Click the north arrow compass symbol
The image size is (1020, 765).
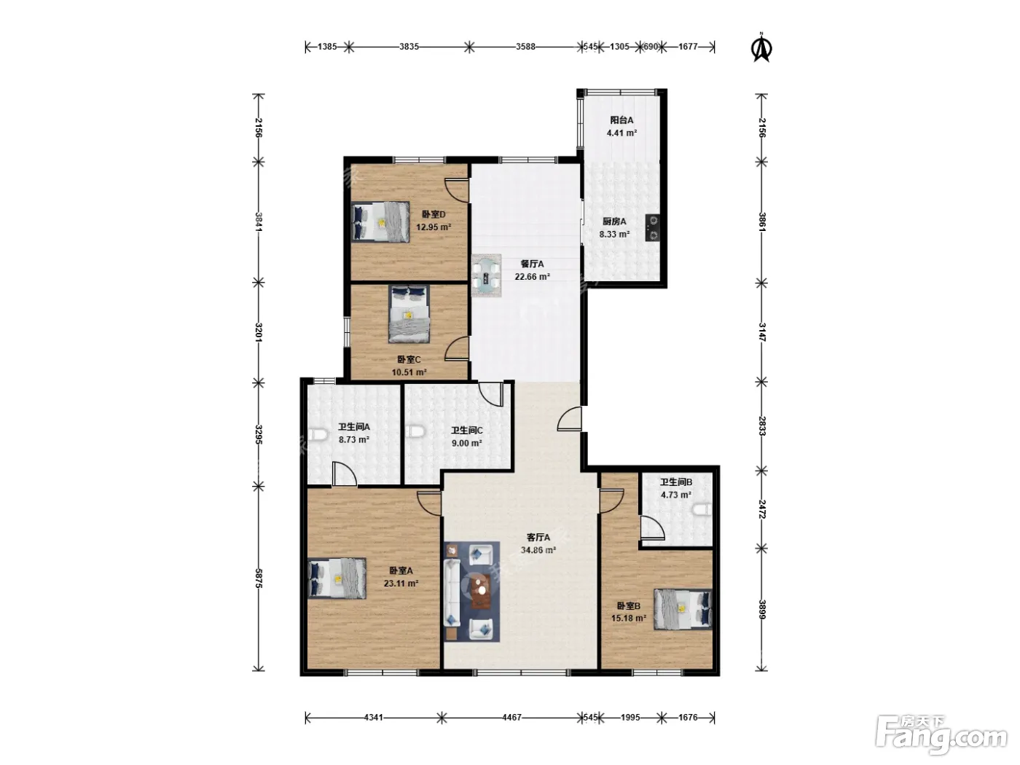761,47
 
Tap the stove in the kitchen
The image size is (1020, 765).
652,227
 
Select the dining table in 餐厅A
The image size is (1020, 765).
487,275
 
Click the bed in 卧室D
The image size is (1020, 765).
380,221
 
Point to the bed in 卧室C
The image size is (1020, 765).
409,314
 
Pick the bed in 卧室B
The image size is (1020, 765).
683,609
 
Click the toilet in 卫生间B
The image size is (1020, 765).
702,510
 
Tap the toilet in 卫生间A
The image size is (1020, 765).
317,435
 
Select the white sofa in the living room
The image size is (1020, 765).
452,592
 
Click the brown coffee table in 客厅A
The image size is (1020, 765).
481,592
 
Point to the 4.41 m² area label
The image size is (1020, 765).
621,133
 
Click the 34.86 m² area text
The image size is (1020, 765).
538,550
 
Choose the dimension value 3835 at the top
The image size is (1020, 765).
409,47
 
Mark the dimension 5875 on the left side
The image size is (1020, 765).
259,578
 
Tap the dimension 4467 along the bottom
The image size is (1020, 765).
511,717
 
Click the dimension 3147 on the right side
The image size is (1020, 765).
761,332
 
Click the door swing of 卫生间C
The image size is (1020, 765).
491,393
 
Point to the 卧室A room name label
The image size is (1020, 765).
401,570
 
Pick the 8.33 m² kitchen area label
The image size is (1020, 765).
614,234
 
